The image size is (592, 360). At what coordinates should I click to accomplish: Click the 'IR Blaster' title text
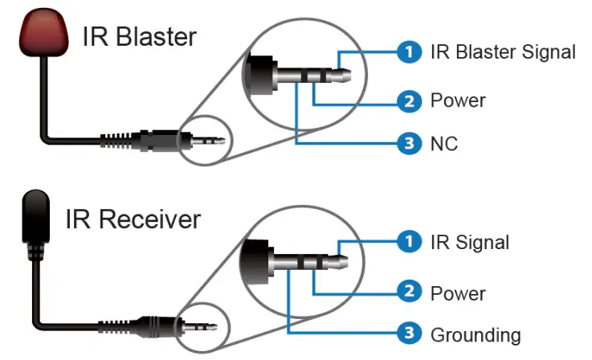140,36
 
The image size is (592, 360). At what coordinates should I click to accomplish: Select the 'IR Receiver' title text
133,219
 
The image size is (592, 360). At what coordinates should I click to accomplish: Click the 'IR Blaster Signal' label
503,52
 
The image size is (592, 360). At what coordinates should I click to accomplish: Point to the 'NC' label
444,145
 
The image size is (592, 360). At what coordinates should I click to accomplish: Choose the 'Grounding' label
476,334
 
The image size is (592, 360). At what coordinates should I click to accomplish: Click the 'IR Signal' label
470,242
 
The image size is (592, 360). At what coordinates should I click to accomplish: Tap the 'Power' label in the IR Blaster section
458,101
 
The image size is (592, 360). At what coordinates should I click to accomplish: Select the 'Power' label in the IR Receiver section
458,292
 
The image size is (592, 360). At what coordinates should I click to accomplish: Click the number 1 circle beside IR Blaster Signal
410,52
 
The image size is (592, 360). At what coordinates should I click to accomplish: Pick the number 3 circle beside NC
410,145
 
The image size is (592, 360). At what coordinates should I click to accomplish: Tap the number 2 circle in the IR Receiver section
410,292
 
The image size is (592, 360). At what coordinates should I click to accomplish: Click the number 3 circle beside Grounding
410,334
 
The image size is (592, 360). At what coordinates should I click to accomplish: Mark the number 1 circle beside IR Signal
410,242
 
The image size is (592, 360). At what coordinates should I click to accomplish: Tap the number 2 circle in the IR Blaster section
410,101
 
